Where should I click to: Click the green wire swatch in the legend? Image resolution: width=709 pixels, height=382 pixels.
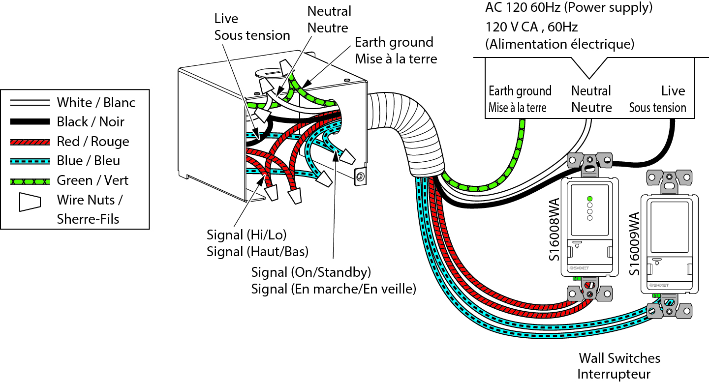point(30,181)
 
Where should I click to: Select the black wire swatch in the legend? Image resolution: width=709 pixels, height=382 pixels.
point(30,121)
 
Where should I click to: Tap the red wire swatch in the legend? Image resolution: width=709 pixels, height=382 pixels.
point(30,142)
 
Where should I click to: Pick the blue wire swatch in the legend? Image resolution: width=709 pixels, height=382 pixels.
point(30,161)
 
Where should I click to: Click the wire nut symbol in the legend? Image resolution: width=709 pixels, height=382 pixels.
point(30,202)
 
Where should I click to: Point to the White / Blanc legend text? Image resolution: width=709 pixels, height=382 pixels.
point(96,103)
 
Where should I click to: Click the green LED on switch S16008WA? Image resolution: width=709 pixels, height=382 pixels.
point(589,199)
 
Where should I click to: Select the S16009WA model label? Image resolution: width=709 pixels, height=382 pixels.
point(635,244)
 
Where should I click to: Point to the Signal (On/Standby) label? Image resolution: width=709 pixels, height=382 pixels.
point(311,272)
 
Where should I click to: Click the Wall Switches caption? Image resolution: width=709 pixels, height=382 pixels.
point(619,357)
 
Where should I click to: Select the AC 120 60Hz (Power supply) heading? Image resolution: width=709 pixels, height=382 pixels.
point(569,8)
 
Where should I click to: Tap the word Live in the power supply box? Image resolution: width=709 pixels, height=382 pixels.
point(673,91)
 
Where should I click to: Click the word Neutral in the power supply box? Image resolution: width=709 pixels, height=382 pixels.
point(591,91)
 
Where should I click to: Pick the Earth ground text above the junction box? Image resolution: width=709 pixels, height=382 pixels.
point(394,42)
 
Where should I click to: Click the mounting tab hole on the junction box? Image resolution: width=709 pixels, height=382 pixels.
point(360,176)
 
